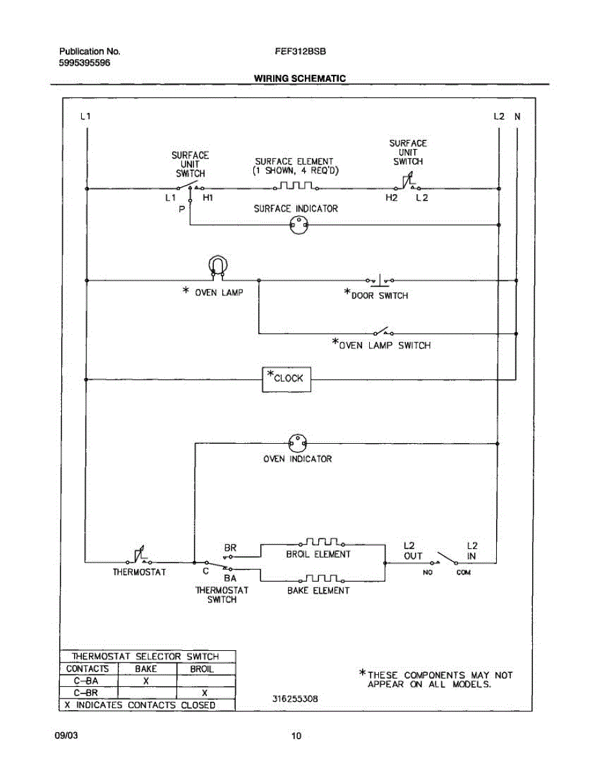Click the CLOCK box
(x=286, y=380)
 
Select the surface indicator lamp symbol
(x=299, y=226)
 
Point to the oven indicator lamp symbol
(x=297, y=444)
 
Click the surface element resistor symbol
(x=296, y=186)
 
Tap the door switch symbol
(x=380, y=281)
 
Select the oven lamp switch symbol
(x=383, y=332)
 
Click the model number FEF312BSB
(x=300, y=52)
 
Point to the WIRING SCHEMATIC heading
(x=300, y=78)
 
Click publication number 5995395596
(x=84, y=63)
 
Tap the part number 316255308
(x=295, y=699)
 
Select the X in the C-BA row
(x=146, y=681)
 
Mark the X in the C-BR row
(x=204, y=693)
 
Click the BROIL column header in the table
(x=202, y=669)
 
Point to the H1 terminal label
(x=207, y=197)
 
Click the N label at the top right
(x=517, y=117)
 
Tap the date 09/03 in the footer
(x=66, y=735)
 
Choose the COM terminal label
(x=463, y=572)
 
